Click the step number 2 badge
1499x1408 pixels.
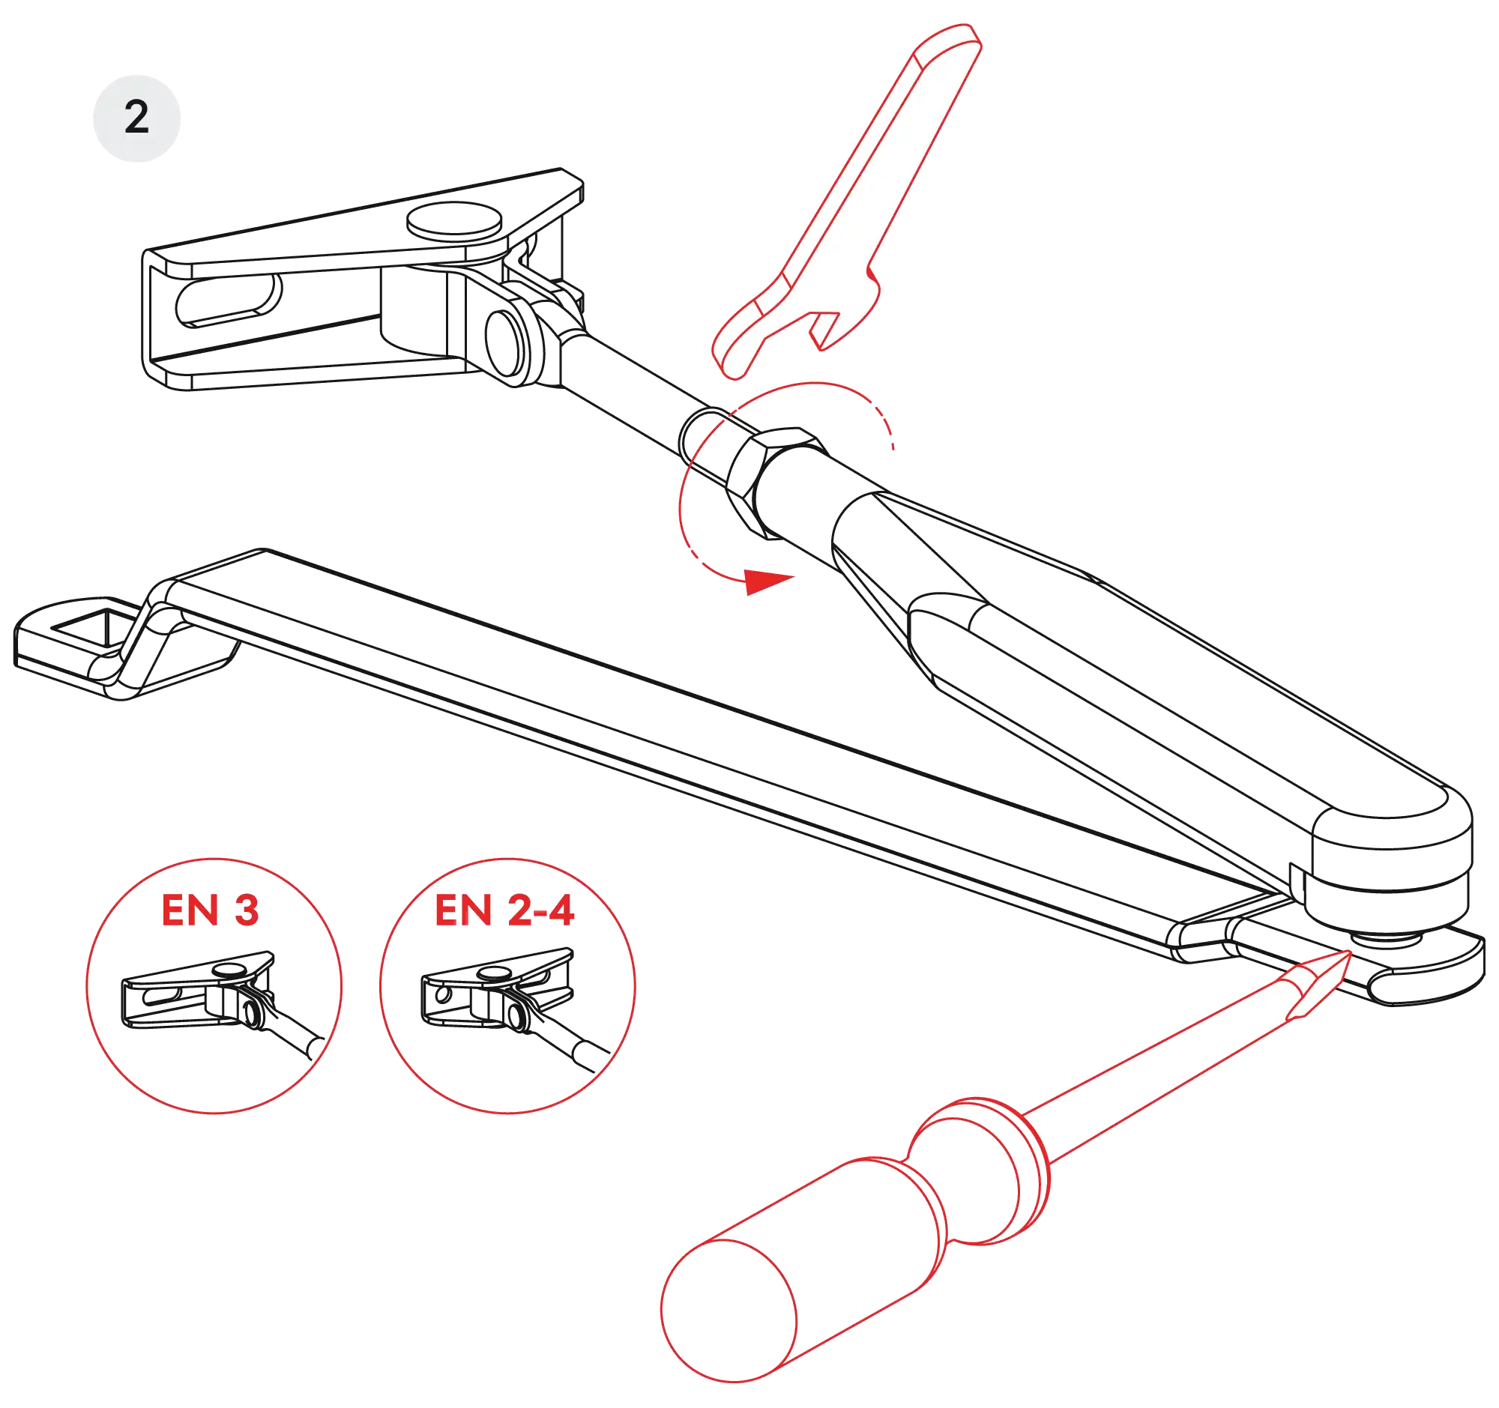[x=136, y=118]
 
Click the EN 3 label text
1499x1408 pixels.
[x=211, y=910]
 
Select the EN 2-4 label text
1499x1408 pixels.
[x=504, y=910]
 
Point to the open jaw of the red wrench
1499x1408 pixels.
[x=826, y=330]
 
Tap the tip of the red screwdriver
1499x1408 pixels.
[x=1350, y=952]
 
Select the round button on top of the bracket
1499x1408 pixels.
[x=455, y=220]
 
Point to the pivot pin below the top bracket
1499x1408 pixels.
[x=505, y=343]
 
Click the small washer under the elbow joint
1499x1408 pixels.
[x=1387, y=939]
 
